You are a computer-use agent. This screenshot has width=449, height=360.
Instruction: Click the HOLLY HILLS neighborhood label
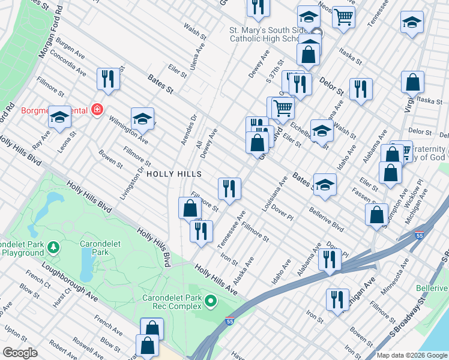[x=172, y=174]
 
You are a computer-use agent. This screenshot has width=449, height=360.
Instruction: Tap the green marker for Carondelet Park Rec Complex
[x=210, y=301]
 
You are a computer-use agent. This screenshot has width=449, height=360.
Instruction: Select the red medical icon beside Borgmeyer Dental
[x=97, y=110]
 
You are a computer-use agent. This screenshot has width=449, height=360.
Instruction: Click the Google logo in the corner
[x=20, y=353]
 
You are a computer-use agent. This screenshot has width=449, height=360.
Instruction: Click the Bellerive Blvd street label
[x=326, y=220]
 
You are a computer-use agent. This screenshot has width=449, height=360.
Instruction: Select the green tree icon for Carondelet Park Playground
[x=53, y=247]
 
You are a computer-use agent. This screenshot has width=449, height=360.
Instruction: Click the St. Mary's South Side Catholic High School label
[x=264, y=34]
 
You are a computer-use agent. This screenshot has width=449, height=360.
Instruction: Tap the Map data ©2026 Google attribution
[x=411, y=355]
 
